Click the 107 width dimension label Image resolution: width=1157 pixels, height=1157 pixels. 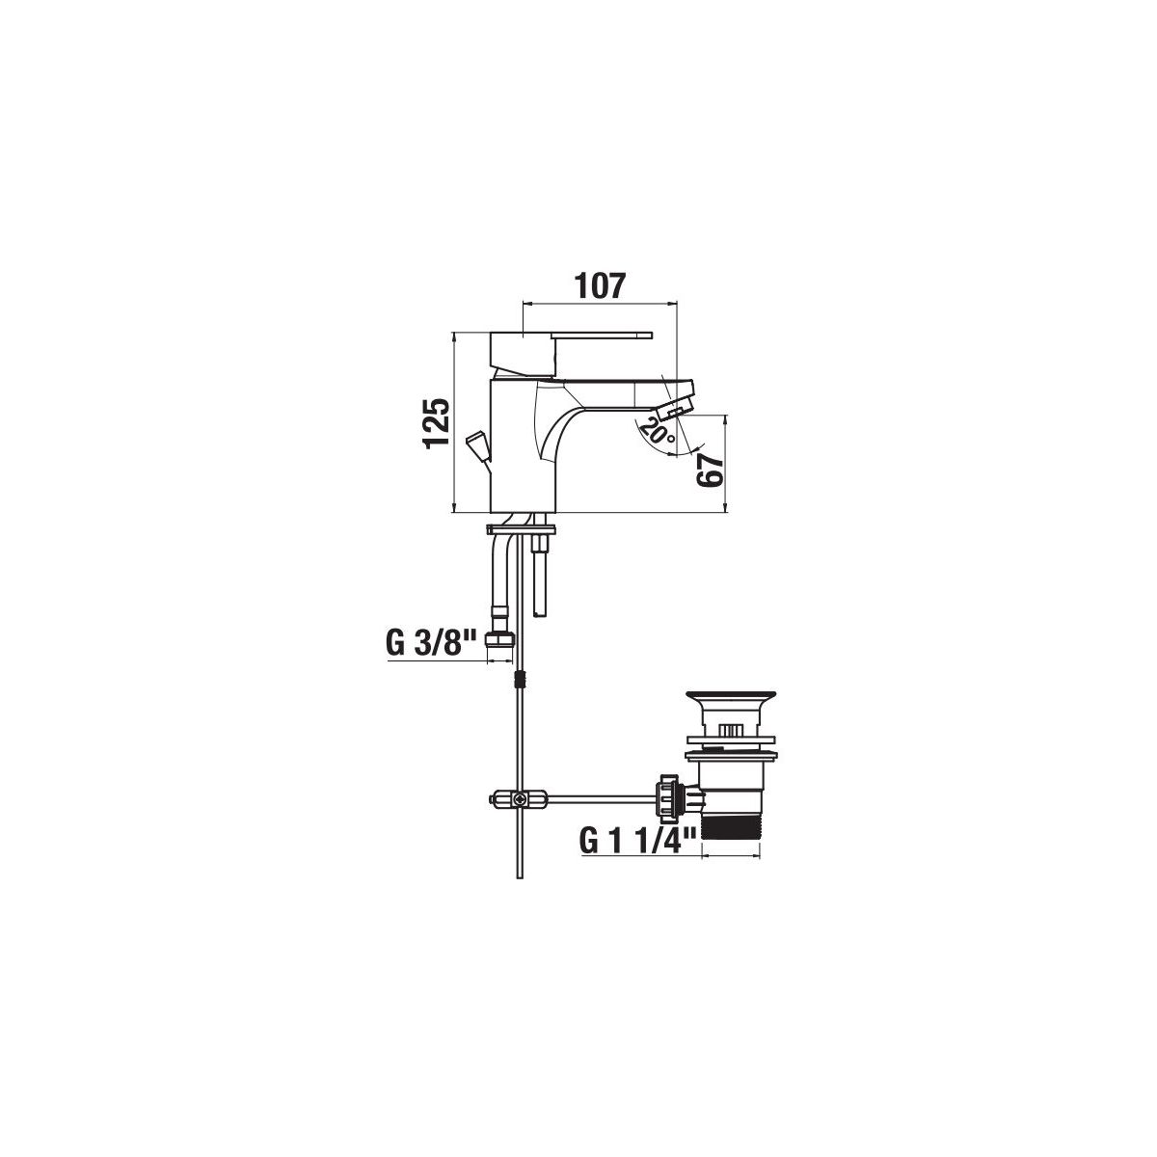(601, 285)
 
